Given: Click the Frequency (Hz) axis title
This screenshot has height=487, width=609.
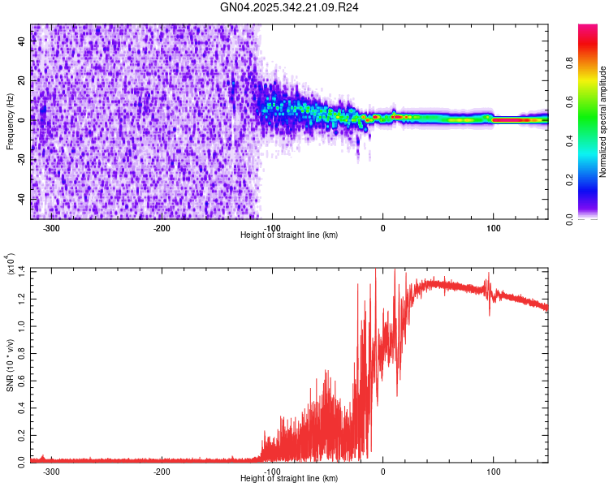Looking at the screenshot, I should pos(10,121).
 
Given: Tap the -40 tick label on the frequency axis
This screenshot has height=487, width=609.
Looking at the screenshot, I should pos(22,199).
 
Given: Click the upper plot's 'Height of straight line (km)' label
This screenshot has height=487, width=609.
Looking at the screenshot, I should pos(289,235).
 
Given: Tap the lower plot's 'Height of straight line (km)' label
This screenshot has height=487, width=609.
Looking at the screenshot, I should pos(289,479).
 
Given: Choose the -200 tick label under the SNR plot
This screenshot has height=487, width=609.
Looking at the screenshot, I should pos(162,471).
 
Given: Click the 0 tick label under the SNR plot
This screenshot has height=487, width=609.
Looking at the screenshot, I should pos(382,471).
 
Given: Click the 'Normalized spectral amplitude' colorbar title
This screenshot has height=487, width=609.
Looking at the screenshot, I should pos(603,122).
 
